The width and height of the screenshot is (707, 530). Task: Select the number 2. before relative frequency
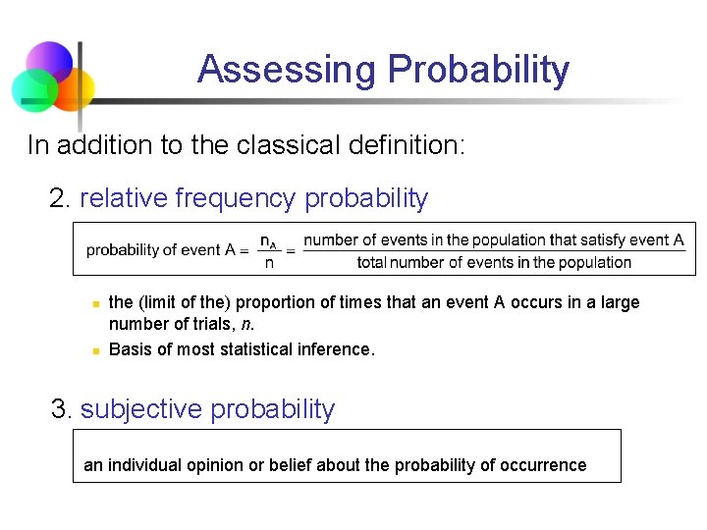click(x=60, y=198)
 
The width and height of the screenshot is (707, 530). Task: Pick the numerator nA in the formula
click(x=268, y=240)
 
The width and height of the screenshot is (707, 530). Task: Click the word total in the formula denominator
click(x=372, y=262)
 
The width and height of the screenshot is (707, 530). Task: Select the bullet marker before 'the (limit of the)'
click(x=94, y=303)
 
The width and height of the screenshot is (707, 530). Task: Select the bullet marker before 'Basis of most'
click(x=94, y=349)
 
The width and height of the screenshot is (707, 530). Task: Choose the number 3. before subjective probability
click(x=62, y=409)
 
